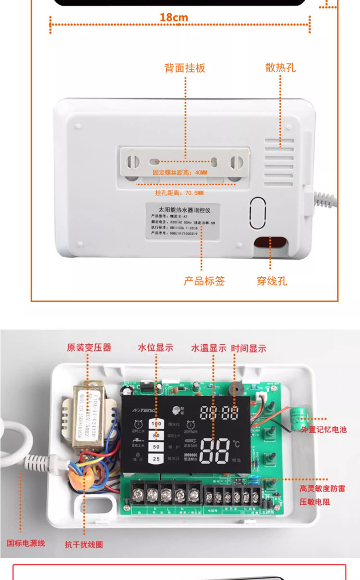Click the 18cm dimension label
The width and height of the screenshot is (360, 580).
[174, 18]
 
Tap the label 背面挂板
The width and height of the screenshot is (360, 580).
[185, 68]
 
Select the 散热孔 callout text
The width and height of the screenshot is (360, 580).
[280, 68]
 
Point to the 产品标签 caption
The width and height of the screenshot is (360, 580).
[204, 281]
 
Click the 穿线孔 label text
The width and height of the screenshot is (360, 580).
[272, 281]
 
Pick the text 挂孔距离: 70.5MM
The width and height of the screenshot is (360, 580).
[179, 193]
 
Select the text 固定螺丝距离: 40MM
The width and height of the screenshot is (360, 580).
[180, 173]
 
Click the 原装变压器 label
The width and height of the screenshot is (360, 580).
[89, 347]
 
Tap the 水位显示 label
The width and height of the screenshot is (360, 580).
[155, 347]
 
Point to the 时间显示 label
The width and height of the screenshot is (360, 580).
[248, 348]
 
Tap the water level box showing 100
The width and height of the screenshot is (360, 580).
[156, 424]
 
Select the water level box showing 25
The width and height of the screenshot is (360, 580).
[156, 458]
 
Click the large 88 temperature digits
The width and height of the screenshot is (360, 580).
[214, 451]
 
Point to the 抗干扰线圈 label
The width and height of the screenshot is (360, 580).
[84, 544]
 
